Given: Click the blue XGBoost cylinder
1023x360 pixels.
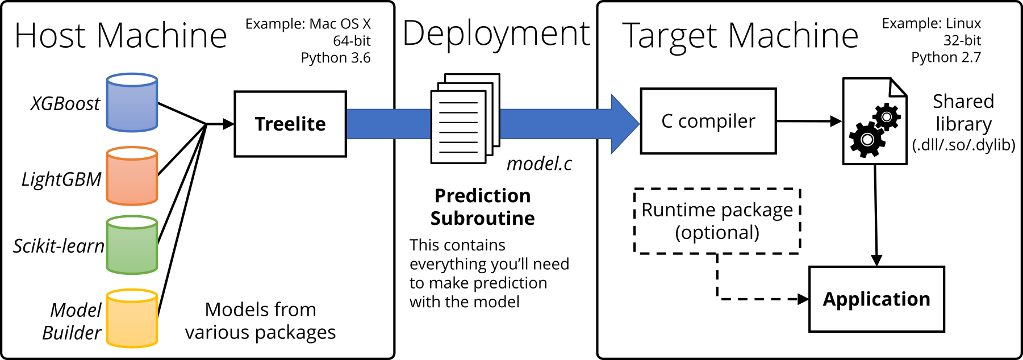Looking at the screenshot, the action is coord(132,103).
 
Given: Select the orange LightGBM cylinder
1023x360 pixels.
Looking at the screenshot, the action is coord(132,175).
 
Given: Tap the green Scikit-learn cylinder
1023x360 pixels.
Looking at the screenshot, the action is coord(132,245).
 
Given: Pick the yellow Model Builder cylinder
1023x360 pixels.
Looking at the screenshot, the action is coord(132,318).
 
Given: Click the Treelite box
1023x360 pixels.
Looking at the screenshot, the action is coord(290,124).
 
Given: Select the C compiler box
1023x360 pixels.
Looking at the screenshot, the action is coord(708,121).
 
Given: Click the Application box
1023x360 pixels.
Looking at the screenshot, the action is coord(876,299).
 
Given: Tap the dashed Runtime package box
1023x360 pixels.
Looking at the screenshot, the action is coord(717,221).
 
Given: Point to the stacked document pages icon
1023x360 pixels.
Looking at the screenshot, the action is coord(465,119).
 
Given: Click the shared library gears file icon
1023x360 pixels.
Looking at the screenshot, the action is coord(874,122).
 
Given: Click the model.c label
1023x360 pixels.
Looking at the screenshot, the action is coord(539,164).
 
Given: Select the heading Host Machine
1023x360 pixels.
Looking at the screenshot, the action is coord(120,36).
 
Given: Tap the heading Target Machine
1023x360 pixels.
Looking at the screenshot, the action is coord(740,36).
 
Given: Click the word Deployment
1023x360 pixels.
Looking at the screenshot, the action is coord(496,34).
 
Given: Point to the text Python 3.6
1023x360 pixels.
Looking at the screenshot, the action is coord(336,58).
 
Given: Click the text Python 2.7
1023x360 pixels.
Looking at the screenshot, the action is coord(946,57).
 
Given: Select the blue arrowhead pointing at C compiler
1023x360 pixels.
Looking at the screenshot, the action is coord(625,124).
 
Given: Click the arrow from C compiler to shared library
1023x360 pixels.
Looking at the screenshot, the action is coord(809,121).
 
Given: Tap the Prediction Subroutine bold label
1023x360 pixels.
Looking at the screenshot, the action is coord(482,207).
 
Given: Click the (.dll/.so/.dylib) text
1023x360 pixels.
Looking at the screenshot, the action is coord(963,145).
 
